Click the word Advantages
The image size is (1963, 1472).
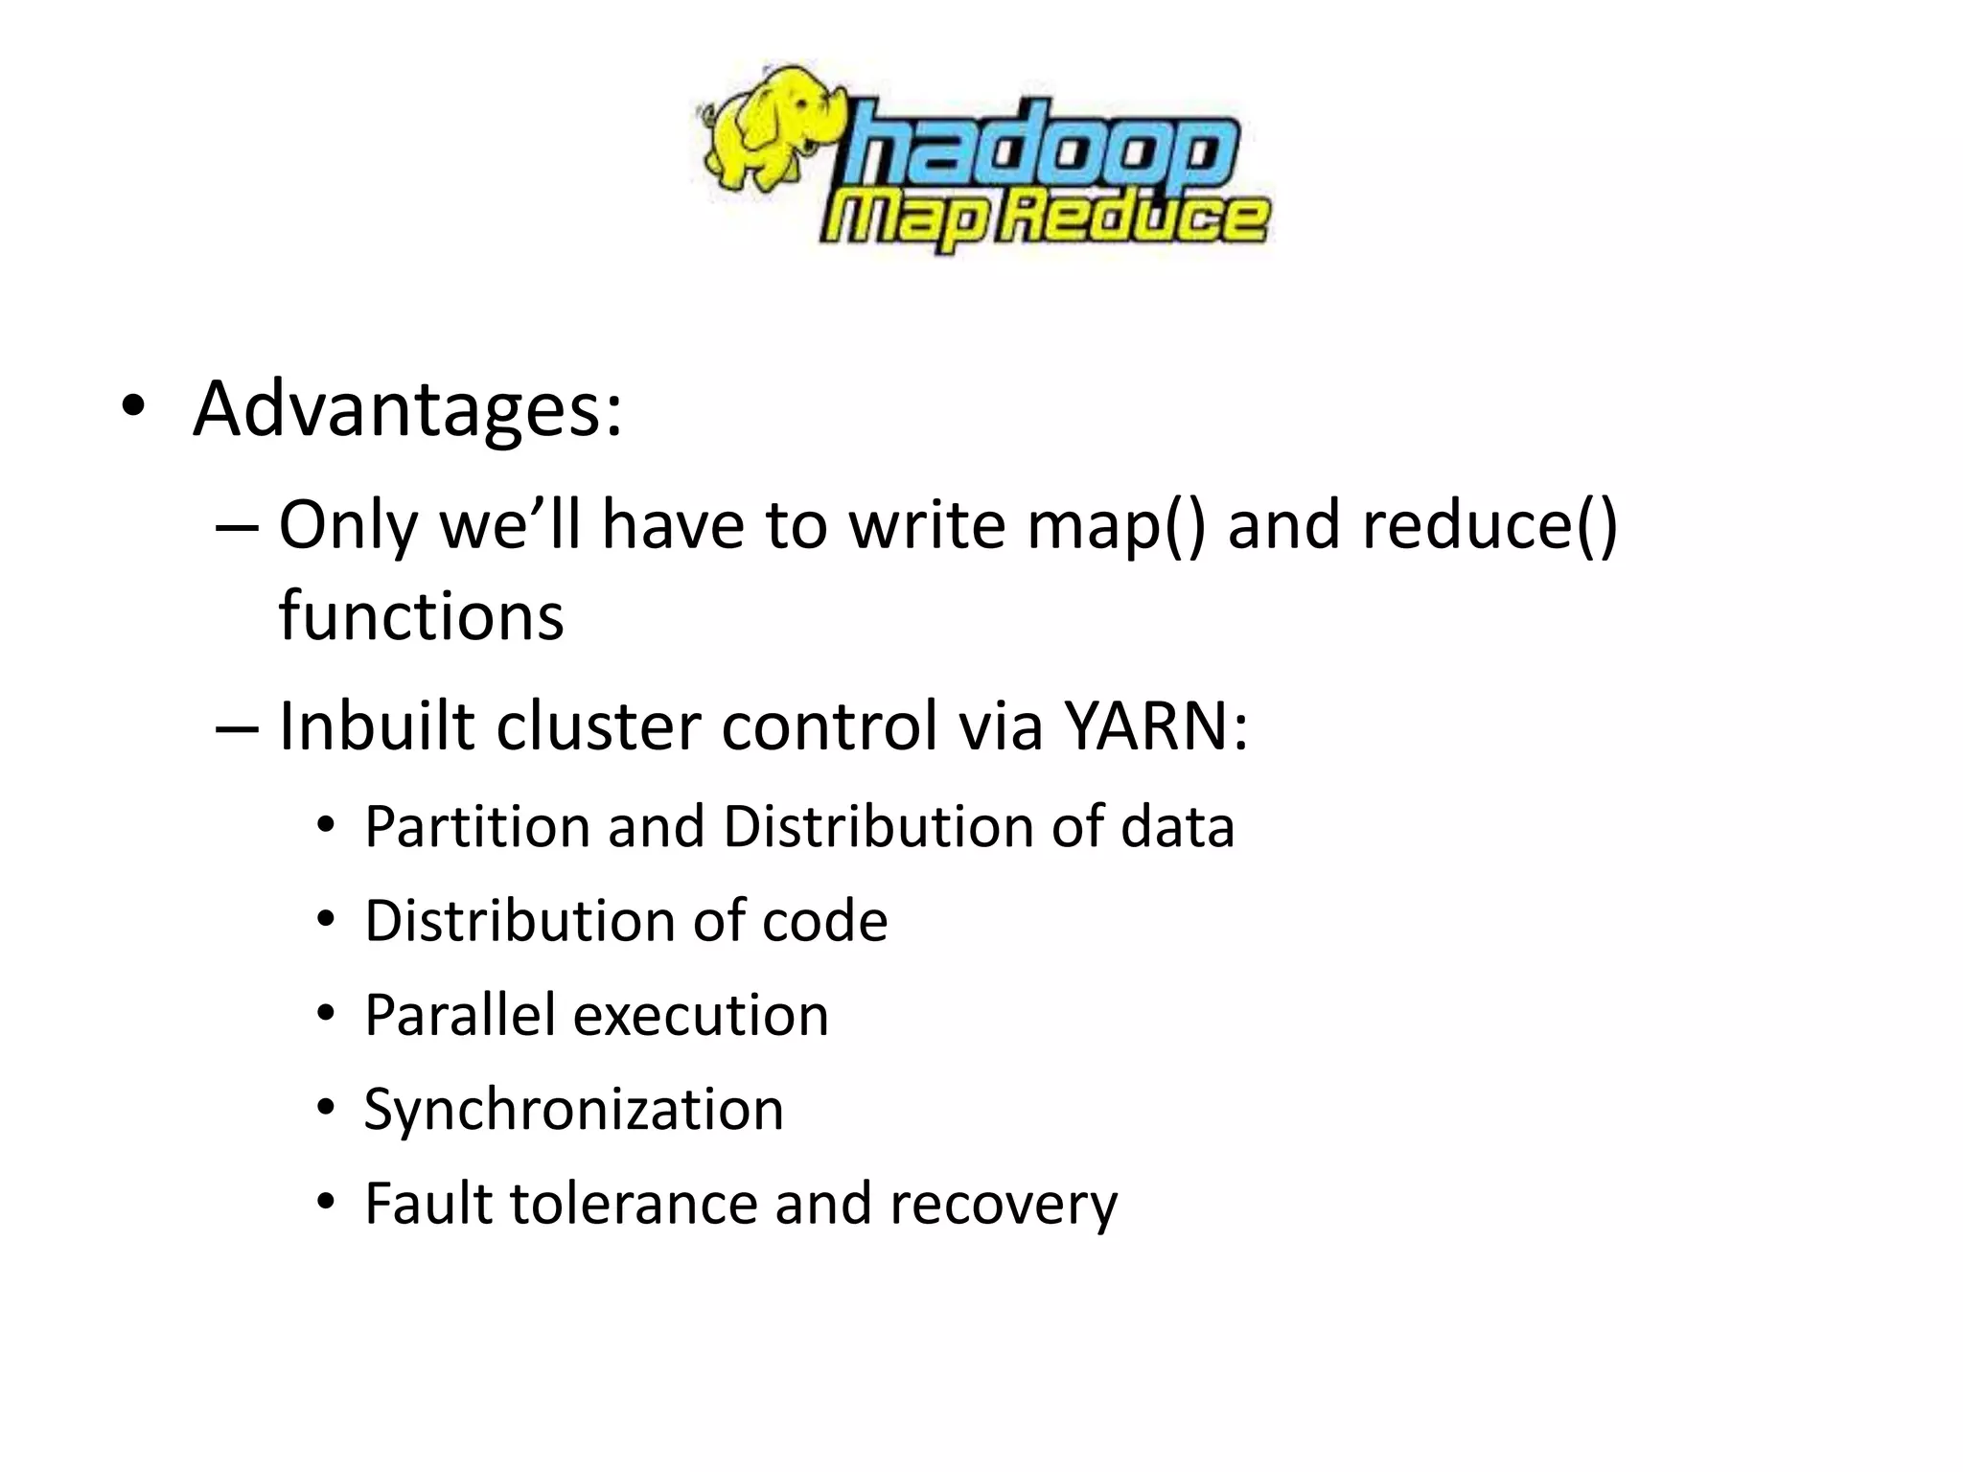coord(407,409)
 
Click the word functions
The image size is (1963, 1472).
coord(421,616)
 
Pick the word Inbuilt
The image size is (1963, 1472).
coord(377,725)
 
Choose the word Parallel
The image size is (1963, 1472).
coord(459,1015)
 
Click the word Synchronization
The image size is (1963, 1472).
coord(573,1109)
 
